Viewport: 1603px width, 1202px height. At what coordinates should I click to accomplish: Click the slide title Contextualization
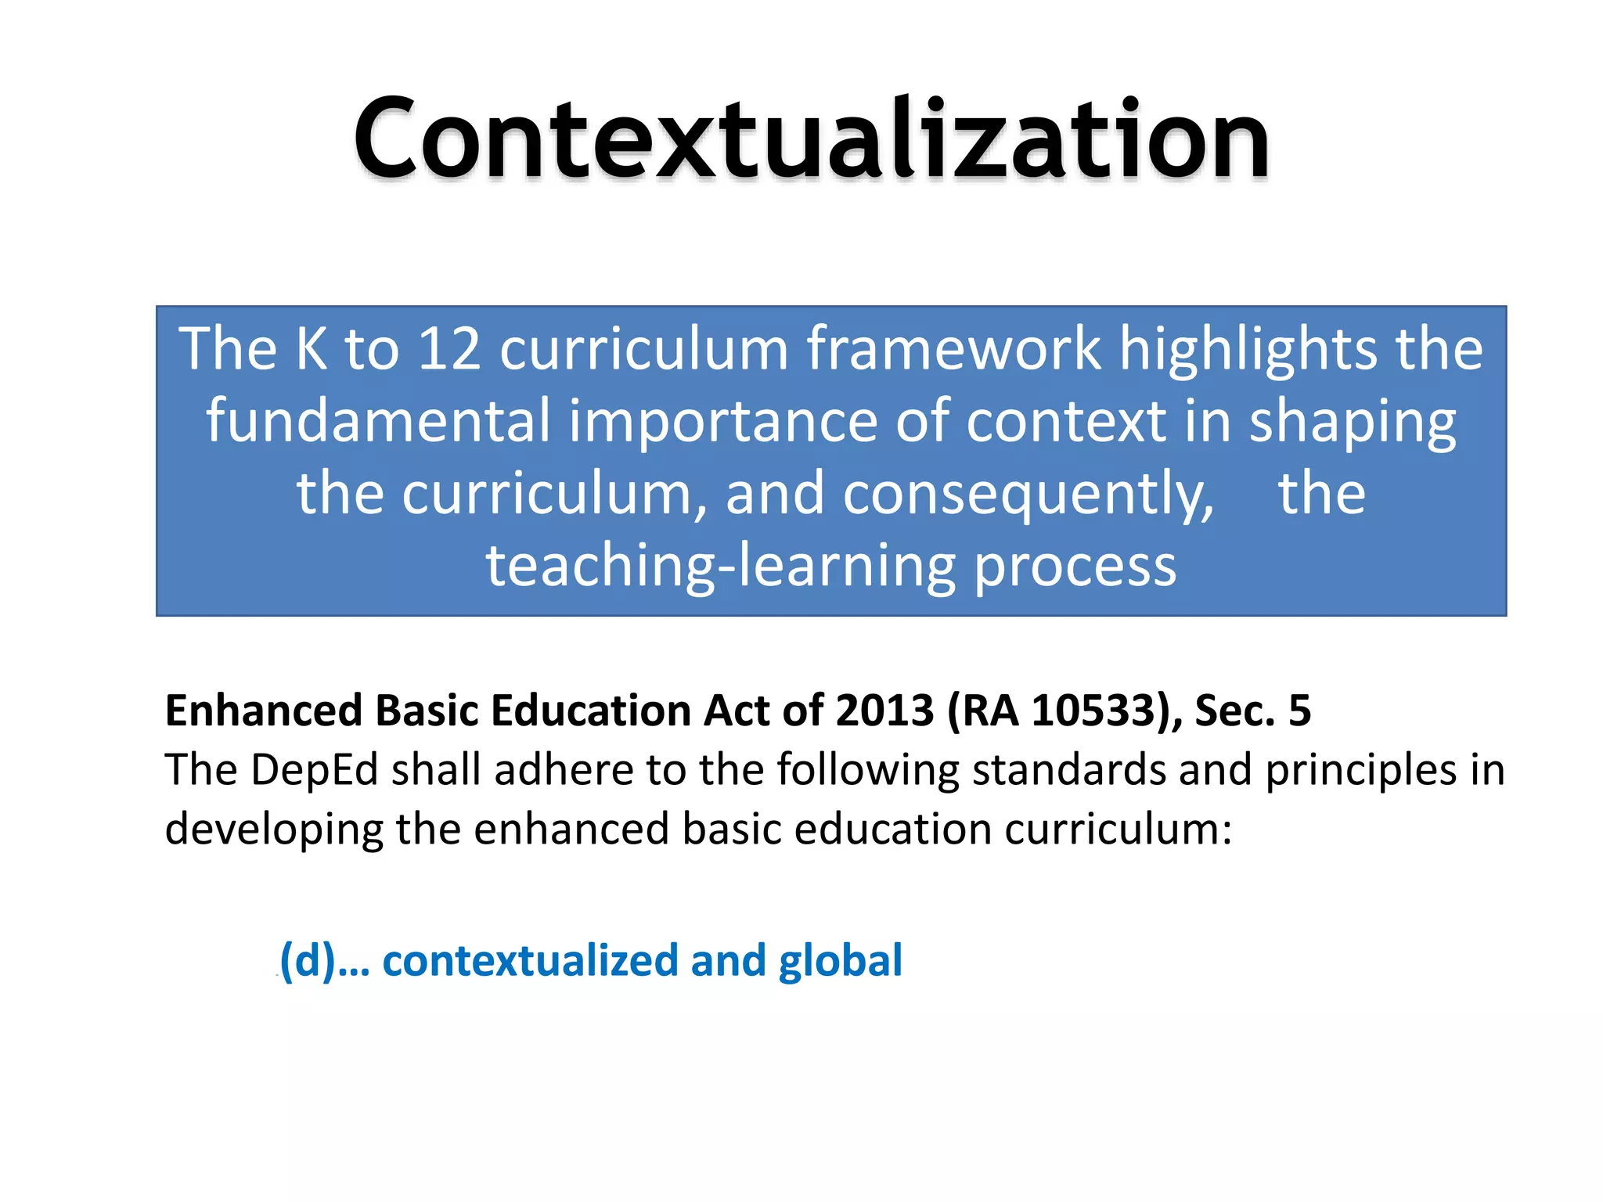pos(811,139)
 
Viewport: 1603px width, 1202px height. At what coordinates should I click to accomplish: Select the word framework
pos(953,349)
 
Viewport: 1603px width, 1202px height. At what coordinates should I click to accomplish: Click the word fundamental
pos(378,421)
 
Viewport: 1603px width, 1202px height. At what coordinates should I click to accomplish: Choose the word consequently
pos(1028,495)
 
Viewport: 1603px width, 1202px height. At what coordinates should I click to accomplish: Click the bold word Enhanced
pos(264,711)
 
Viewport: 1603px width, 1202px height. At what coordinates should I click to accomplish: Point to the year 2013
pos(884,711)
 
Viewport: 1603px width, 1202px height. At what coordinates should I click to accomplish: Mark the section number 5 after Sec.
pos(1299,711)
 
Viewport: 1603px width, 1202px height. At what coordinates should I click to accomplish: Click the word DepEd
pos(315,770)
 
